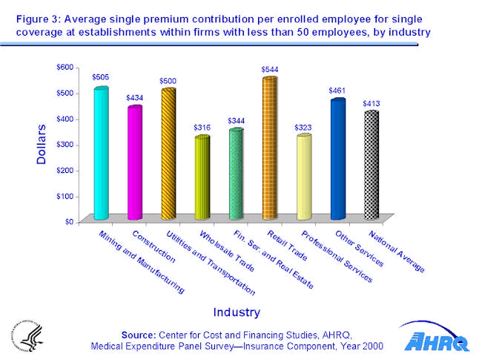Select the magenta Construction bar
point(134,163)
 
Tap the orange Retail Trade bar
point(269,148)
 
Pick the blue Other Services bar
point(337,159)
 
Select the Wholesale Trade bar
point(202,178)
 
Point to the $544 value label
point(270,69)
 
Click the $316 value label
point(202,128)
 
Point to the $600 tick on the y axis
point(65,67)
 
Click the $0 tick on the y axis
point(68,221)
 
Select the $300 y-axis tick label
point(65,144)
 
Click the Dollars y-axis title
point(42,144)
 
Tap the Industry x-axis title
point(237,311)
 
